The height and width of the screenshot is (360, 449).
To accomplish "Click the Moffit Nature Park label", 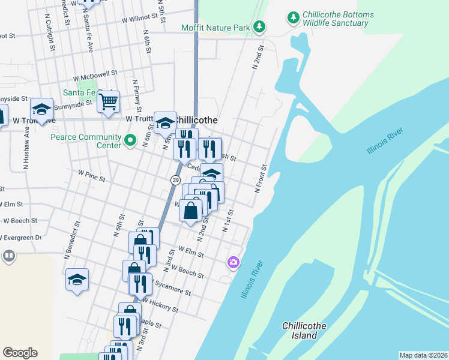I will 216,27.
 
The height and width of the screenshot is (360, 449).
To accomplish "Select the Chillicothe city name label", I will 195,120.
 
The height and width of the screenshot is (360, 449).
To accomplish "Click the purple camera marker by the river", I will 233,262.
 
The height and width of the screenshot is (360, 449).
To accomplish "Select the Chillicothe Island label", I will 304,331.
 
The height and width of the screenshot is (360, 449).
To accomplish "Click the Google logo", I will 20,353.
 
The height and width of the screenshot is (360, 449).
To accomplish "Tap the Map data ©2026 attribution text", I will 423,355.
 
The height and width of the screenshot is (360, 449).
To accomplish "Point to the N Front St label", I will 261,178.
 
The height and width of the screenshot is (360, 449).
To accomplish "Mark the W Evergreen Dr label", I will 21,238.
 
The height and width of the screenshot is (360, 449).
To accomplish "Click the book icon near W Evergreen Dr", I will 8,257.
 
